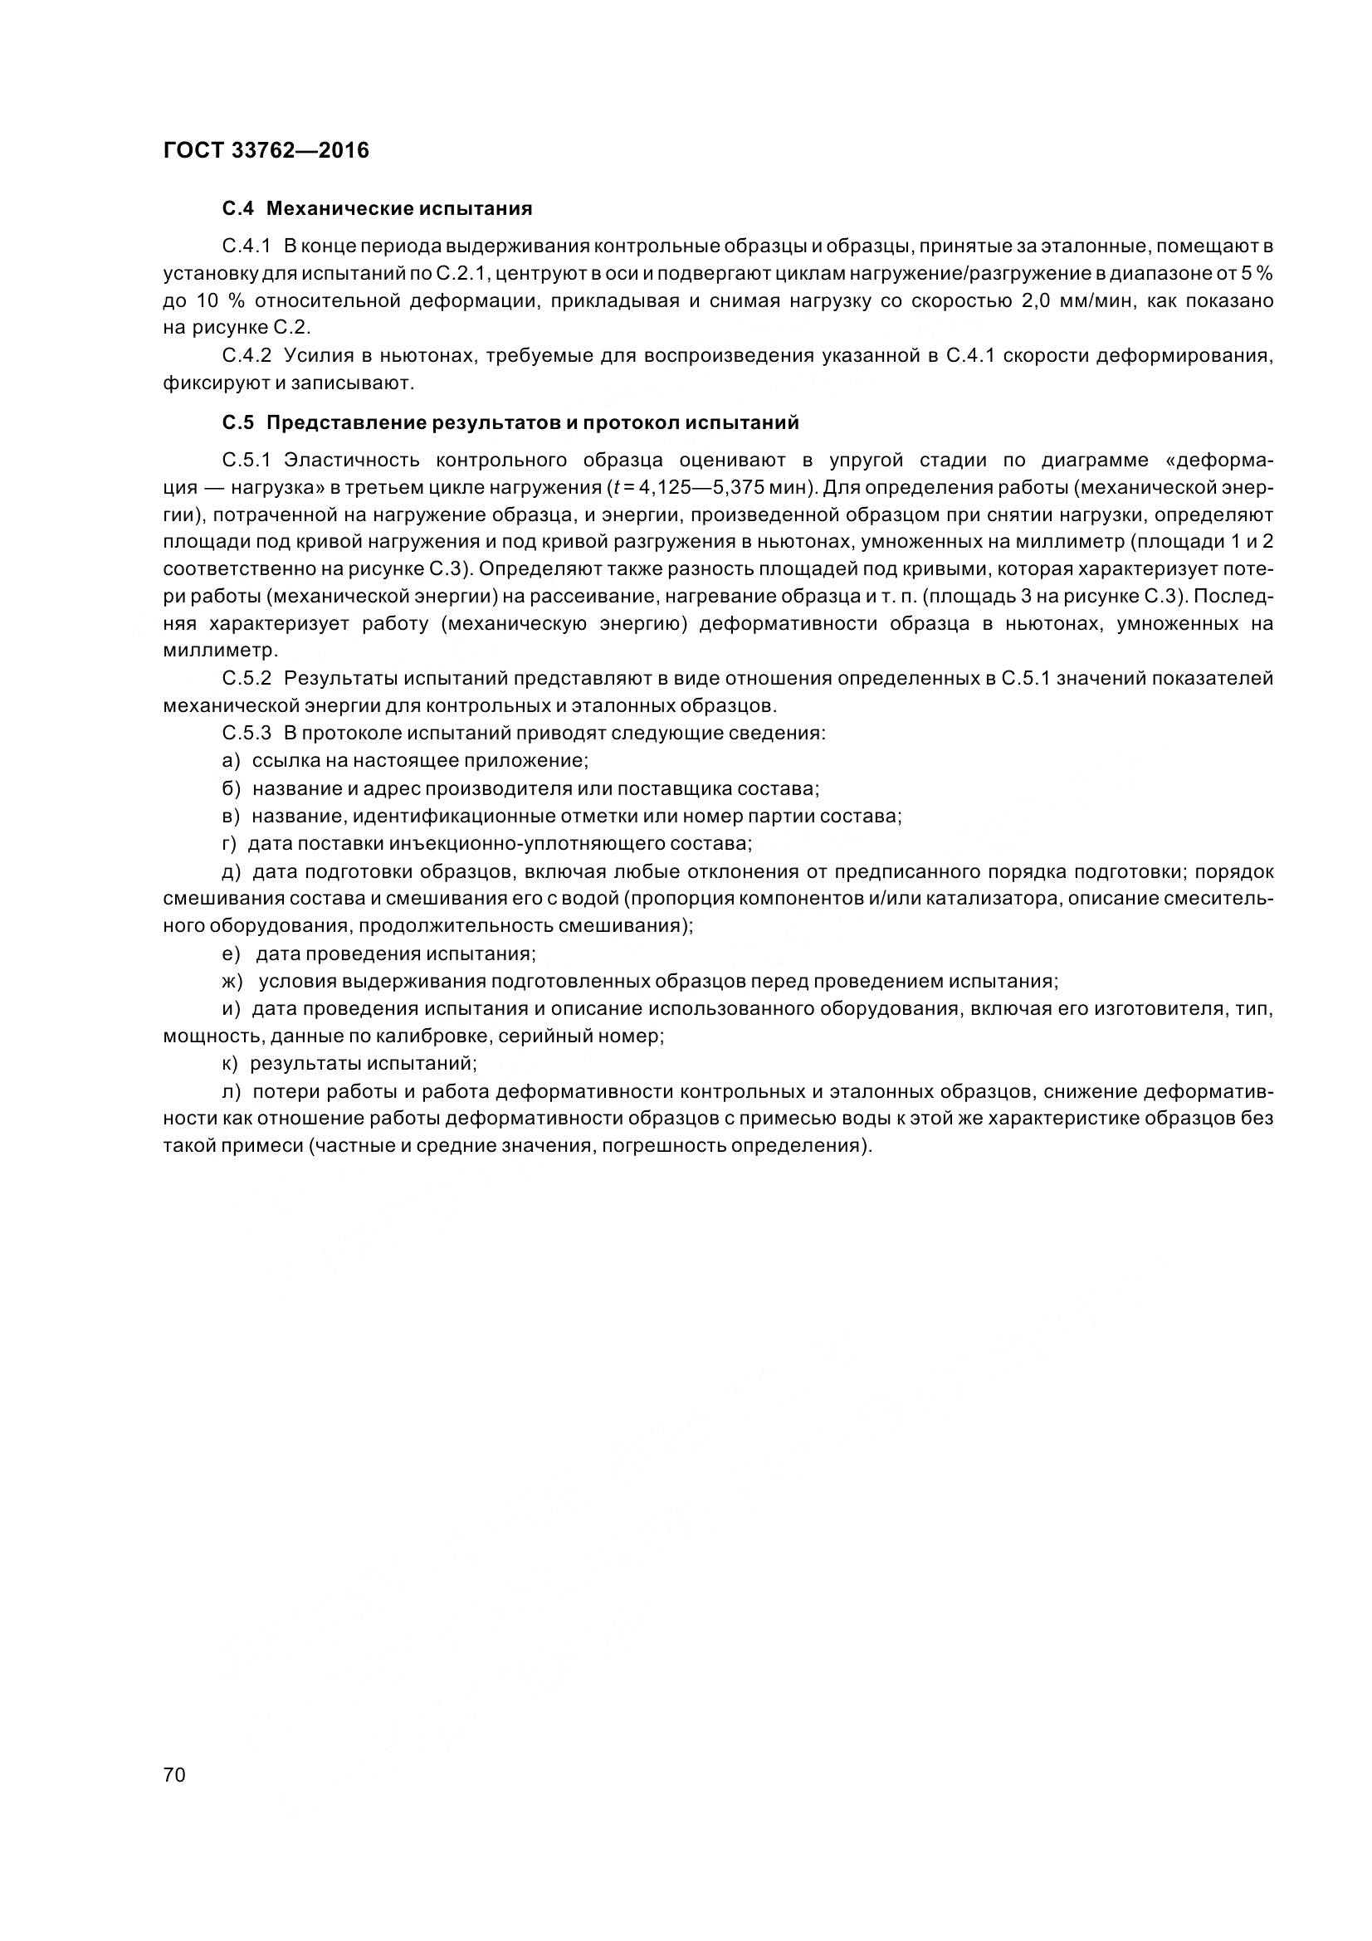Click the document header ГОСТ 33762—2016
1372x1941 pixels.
click(266, 150)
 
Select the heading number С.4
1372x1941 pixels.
click(237, 209)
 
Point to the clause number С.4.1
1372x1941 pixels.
click(246, 246)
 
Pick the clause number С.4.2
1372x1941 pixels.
click(246, 356)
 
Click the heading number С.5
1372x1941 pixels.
click(237, 422)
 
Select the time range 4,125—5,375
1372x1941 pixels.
click(697, 488)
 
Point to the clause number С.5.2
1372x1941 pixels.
click(246, 679)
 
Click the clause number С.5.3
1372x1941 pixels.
click(246, 733)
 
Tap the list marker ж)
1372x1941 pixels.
click(232, 982)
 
